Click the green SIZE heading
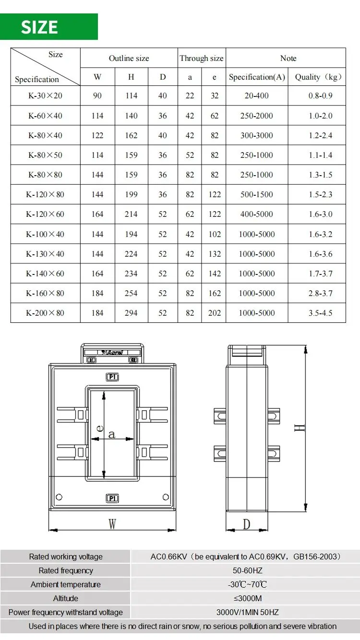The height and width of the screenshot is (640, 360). pyautogui.click(x=40, y=27)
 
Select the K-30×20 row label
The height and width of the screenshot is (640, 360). pyautogui.click(x=45, y=96)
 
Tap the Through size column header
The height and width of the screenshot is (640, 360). pyautogui.click(x=202, y=59)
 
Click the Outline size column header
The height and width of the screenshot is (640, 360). pyautogui.click(x=129, y=59)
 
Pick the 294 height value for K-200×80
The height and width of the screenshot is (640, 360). pyautogui.click(x=131, y=313)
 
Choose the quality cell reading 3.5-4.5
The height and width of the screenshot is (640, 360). pyautogui.click(x=320, y=313)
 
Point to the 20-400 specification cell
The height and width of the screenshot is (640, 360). pyautogui.click(x=256, y=96)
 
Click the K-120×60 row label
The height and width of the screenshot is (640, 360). pyautogui.click(x=45, y=214)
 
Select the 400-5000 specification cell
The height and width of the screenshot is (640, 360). pyautogui.click(x=256, y=214)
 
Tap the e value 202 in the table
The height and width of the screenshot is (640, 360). pyautogui.click(x=215, y=313)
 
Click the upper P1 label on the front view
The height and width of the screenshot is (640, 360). pyautogui.click(x=112, y=377)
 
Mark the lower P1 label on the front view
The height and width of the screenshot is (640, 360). pyautogui.click(x=112, y=498)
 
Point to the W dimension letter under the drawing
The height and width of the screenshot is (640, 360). pyautogui.click(x=112, y=524)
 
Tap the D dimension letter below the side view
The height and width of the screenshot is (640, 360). pyautogui.click(x=246, y=524)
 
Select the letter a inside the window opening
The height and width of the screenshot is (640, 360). pyautogui.click(x=112, y=435)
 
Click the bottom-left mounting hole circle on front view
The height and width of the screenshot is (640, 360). pyautogui.click(x=59, y=497)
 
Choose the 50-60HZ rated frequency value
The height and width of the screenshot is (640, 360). pyautogui.click(x=245, y=570)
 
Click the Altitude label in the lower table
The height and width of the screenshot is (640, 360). pyautogui.click(x=66, y=598)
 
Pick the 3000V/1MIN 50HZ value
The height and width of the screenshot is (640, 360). pyautogui.click(x=245, y=612)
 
